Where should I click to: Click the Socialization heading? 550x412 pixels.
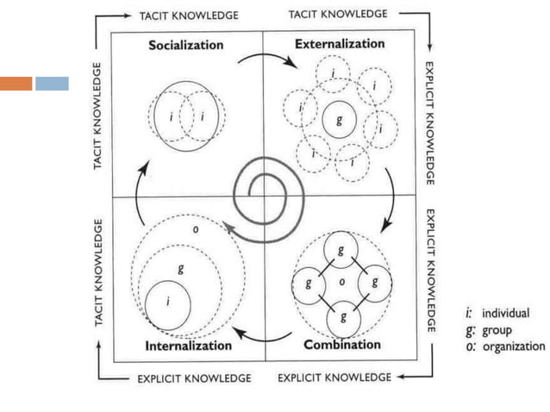pos(185,45)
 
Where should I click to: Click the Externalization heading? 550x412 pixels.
pos(339,43)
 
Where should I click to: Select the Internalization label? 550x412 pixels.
pos(190,346)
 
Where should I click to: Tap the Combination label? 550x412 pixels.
pos(342,345)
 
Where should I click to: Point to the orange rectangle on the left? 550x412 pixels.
pos(16,84)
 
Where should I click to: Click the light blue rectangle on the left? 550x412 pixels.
pos(52,84)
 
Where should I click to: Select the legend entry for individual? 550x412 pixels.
pos(499,313)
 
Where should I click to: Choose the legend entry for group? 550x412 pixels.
pos(493,329)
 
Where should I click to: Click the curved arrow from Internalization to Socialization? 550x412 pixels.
pos(131,195)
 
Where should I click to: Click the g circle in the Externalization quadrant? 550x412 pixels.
pos(339,122)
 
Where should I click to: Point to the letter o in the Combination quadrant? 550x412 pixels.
pos(342,282)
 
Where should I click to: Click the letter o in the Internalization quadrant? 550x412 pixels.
pos(195,229)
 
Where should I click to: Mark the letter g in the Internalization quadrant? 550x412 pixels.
pos(179,269)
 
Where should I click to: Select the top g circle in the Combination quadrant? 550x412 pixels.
pos(342,250)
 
